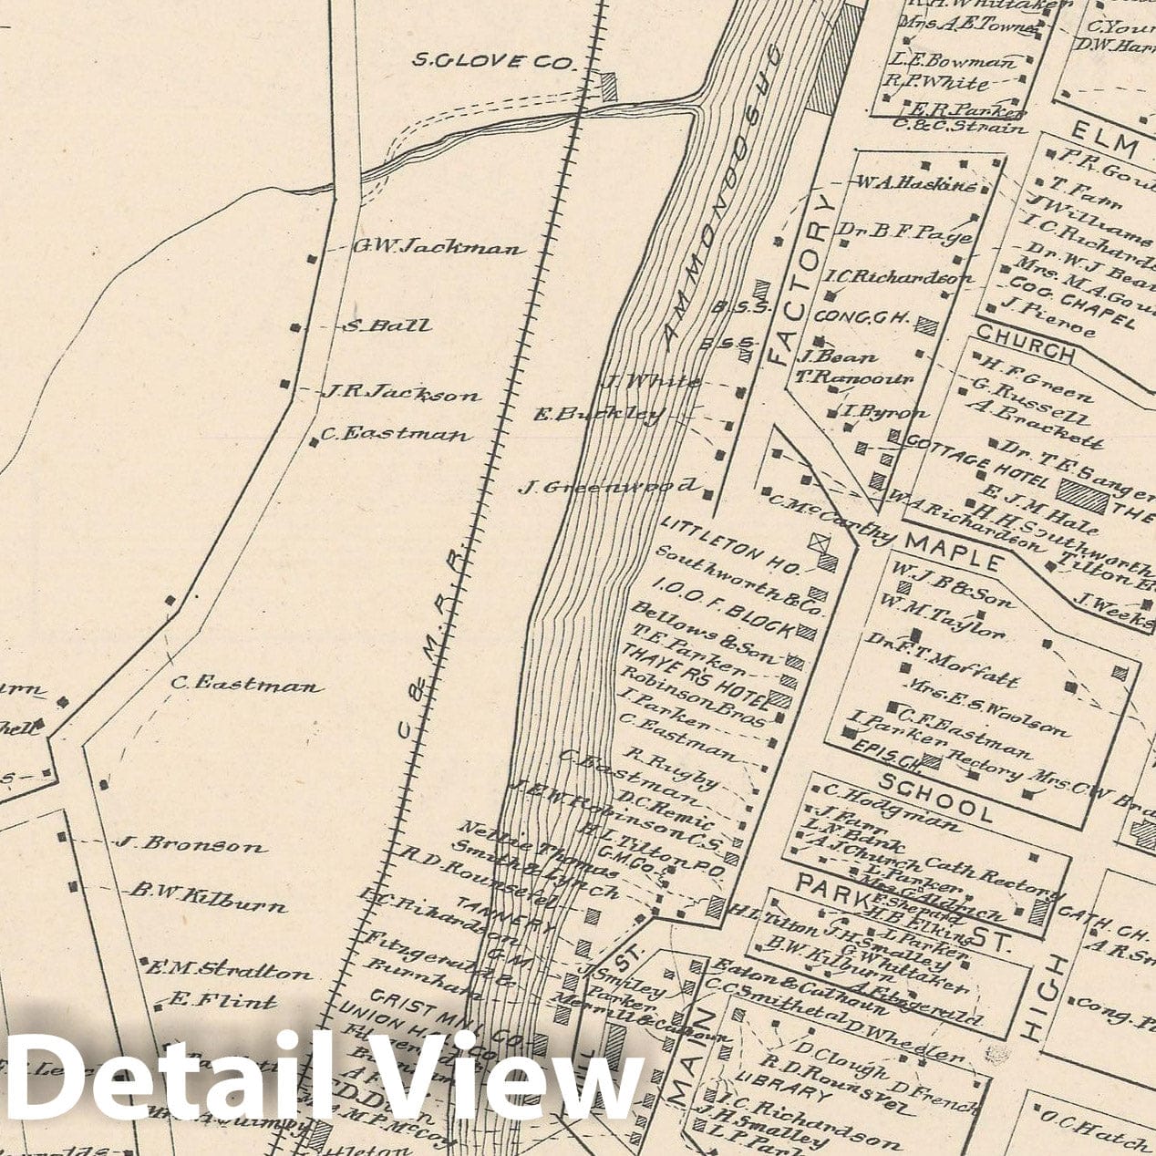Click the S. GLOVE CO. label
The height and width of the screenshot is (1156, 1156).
tap(495, 62)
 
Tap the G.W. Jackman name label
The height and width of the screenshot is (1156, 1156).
tap(439, 246)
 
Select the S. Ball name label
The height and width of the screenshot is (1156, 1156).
tap(387, 325)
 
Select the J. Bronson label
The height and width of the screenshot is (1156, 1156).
tap(191, 844)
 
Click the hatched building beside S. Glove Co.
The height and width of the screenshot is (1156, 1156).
tap(608, 88)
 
